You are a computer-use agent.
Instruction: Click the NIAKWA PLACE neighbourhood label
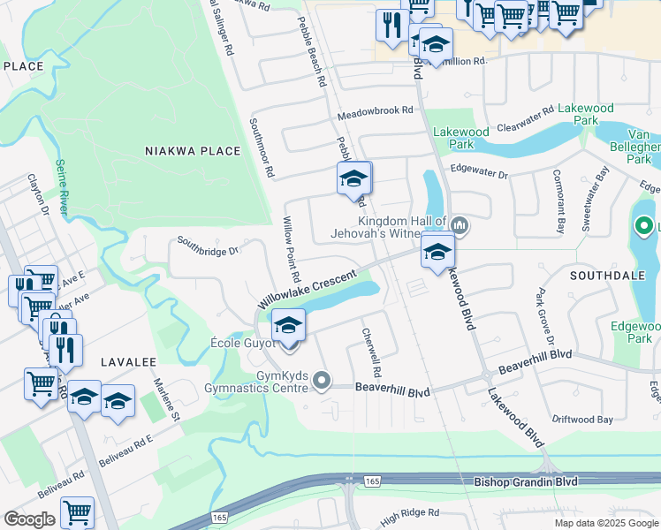193,151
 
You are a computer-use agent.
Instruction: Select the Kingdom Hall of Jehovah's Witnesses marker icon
459,226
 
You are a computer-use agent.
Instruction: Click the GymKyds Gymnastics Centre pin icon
323,382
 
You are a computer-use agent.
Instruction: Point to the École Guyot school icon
288,325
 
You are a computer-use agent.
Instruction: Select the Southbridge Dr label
208,245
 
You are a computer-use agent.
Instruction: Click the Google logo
29,519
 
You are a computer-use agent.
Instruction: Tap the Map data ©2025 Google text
605,523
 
